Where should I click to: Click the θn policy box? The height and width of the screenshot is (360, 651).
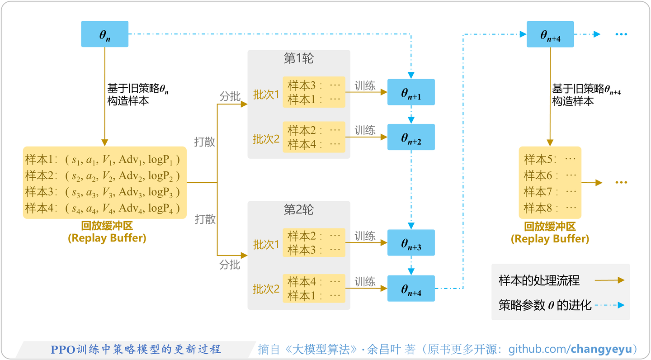coord(104,34)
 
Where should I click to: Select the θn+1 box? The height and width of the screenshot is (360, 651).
coord(411,92)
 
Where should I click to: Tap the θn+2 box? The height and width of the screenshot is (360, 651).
coord(411,137)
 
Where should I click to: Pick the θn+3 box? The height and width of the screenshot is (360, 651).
coord(411,243)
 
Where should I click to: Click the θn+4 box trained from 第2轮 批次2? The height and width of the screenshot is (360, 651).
coord(411,289)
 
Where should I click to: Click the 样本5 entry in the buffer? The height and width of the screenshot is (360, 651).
coord(550,159)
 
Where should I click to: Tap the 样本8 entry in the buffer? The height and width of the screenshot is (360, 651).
coord(550,208)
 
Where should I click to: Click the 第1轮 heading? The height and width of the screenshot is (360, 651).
coord(298,59)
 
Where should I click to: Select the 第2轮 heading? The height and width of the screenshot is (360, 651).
coord(298,210)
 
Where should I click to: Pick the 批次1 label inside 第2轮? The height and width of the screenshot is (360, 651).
coord(266,245)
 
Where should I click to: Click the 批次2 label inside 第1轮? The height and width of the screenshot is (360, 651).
coord(266,139)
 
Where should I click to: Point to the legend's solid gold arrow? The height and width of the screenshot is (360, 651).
coord(609,280)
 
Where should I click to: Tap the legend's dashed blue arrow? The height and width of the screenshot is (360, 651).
coord(609,305)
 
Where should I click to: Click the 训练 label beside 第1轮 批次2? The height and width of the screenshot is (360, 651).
coord(365,131)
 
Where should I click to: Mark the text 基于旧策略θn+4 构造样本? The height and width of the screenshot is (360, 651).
coord(586,95)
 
